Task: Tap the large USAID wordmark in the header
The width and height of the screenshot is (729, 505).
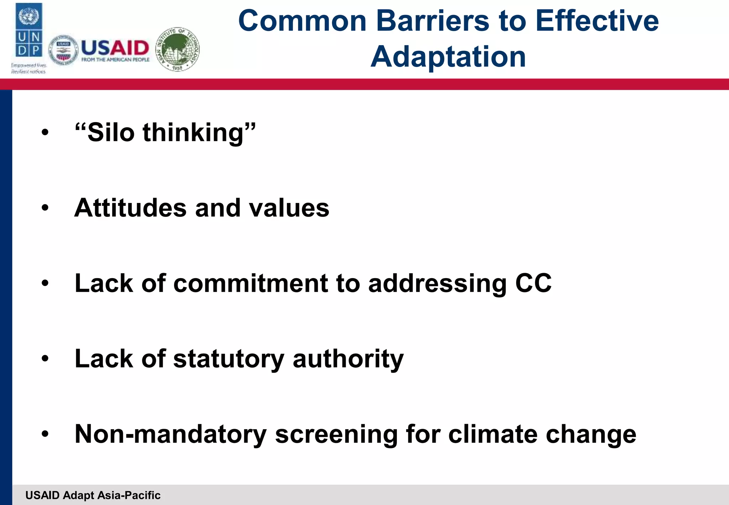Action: pos(115,48)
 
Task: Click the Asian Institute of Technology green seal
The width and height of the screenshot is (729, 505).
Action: pos(178,50)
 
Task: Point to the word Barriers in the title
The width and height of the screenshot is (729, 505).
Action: pos(432,21)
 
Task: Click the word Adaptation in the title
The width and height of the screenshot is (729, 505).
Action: pos(448,57)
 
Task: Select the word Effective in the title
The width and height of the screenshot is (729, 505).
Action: pos(597,21)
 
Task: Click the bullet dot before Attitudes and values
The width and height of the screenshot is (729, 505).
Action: pos(45,208)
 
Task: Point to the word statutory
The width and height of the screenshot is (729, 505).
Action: pos(229,359)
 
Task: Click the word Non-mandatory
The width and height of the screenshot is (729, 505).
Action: pos(171,434)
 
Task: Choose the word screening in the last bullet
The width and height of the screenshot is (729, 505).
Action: pos(336,434)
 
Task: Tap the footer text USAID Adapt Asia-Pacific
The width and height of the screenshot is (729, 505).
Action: pos(93,495)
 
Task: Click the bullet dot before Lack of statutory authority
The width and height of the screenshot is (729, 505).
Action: pos(45,359)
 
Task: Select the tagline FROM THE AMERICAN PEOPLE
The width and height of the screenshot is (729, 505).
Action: pos(115,60)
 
